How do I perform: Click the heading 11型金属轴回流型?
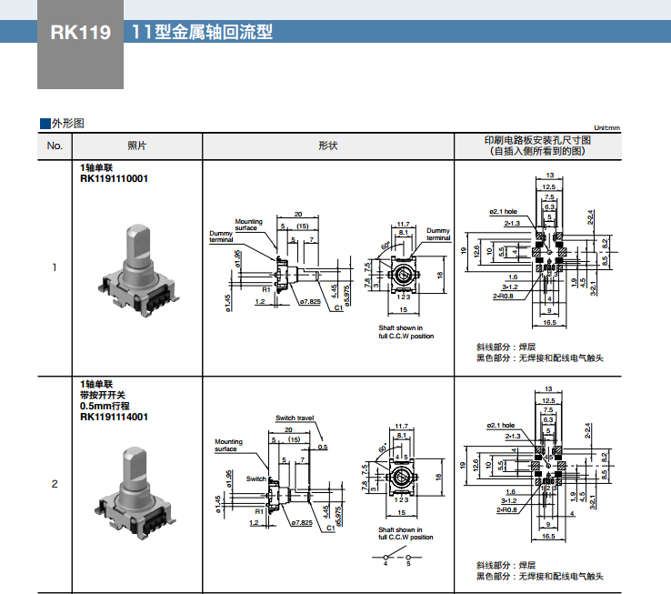[x=202, y=34]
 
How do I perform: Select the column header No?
[x=55, y=146]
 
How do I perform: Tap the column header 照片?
[x=136, y=146]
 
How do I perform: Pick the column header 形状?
[x=327, y=146]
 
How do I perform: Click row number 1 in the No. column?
[x=55, y=267]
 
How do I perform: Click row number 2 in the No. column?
[x=55, y=483]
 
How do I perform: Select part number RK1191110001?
[x=114, y=179]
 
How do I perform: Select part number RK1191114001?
[x=114, y=418]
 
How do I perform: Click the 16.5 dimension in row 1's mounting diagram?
[x=550, y=322]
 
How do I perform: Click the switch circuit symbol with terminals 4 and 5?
[x=396, y=556]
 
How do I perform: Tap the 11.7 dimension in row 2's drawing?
[x=403, y=425]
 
